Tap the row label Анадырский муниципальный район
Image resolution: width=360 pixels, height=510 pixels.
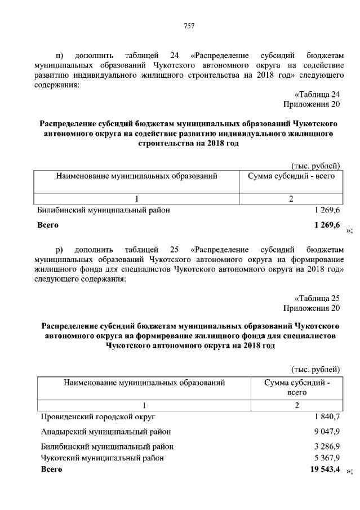[106, 432]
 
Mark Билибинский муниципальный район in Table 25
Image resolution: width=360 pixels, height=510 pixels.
[107, 446]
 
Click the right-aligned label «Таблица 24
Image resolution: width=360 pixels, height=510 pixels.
[318, 94]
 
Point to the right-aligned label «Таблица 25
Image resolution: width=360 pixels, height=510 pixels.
[318, 298]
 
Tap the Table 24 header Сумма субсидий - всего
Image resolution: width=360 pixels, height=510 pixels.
[291, 176]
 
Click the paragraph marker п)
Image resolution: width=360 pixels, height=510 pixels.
[60, 55]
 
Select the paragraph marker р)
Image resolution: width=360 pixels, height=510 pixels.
[60, 250]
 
